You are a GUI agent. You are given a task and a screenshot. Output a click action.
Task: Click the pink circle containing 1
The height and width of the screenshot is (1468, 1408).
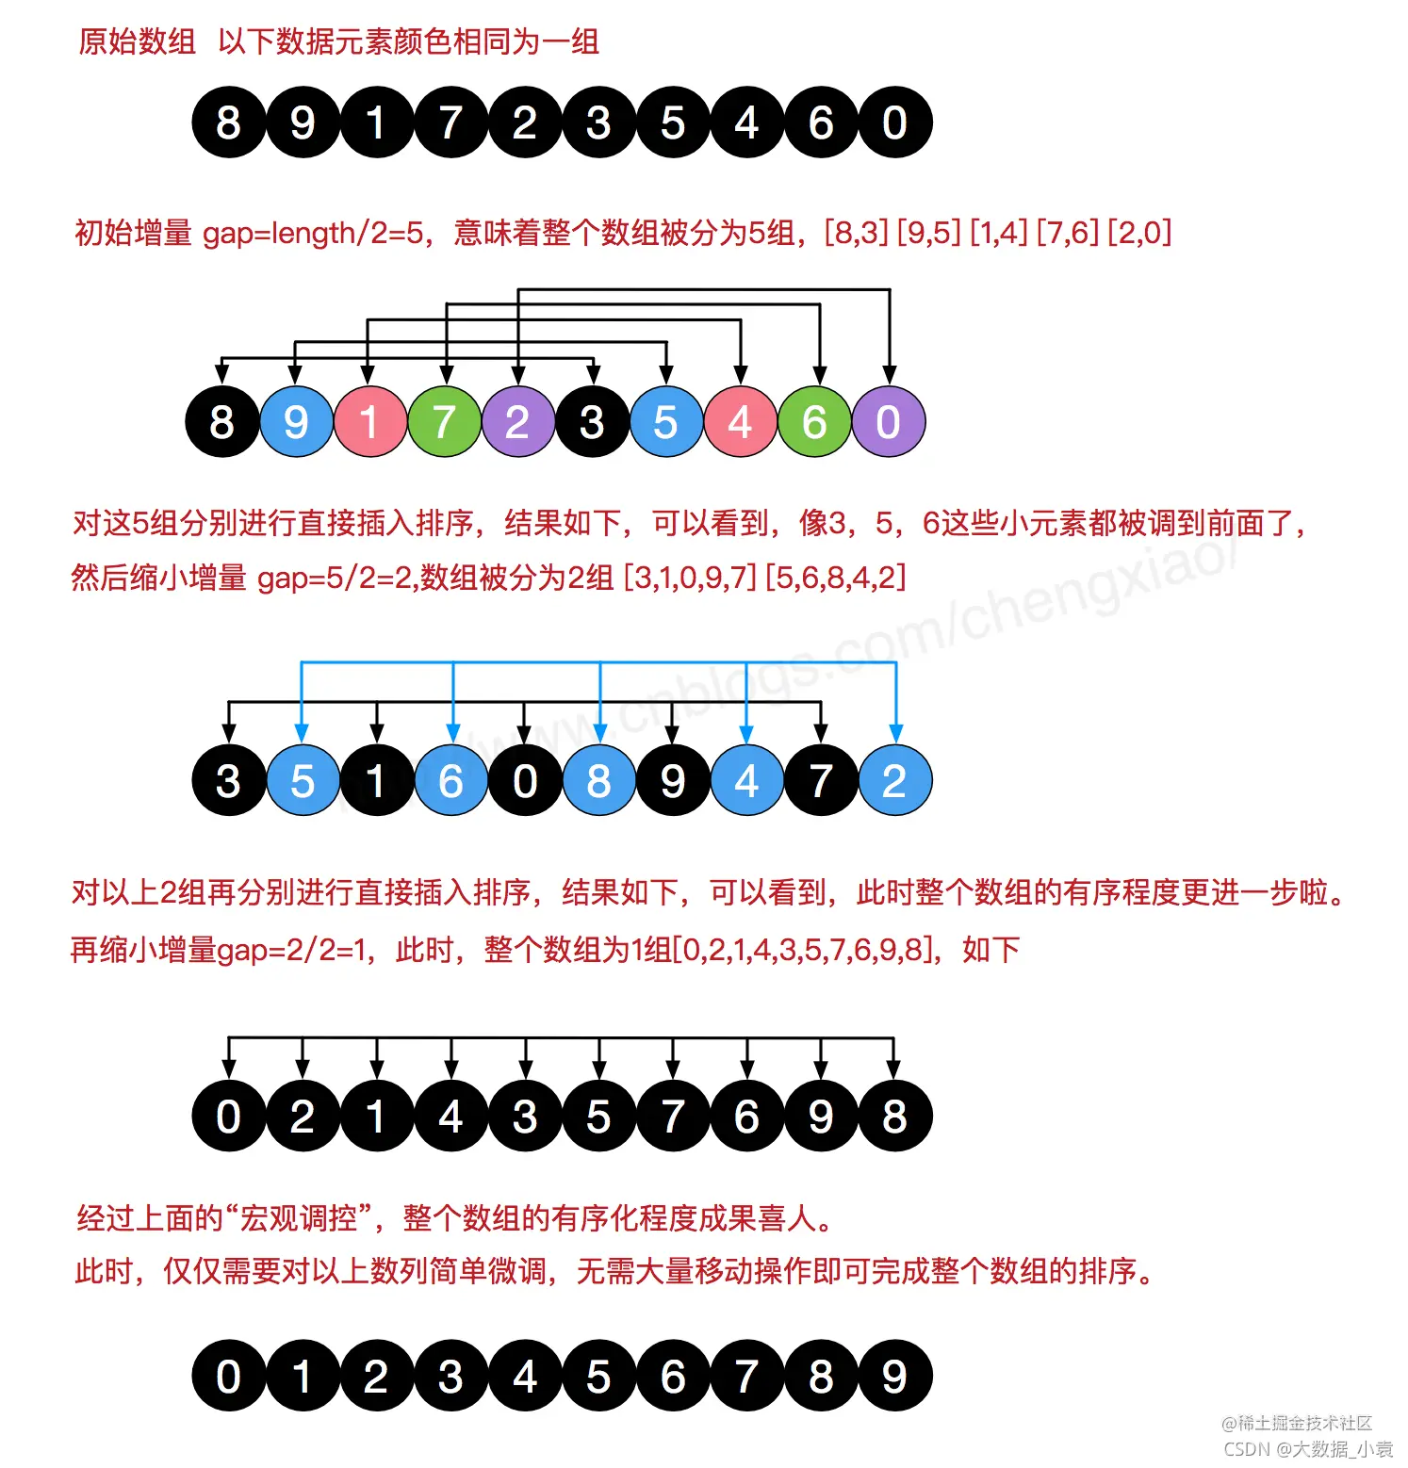tap(369, 422)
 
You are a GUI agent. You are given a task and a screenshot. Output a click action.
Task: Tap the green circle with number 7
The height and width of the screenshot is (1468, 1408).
tap(444, 422)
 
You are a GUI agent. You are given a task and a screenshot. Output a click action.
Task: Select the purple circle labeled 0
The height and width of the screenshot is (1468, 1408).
tap(888, 422)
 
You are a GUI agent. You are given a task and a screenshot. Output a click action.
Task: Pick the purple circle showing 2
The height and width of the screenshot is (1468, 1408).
tap(517, 422)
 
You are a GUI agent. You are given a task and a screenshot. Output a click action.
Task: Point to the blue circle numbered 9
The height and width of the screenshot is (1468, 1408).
tap(296, 422)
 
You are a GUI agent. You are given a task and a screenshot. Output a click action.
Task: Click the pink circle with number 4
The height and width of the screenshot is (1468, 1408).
tap(740, 422)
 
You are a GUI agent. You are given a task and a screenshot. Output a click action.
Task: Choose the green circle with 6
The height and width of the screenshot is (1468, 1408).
tap(814, 422)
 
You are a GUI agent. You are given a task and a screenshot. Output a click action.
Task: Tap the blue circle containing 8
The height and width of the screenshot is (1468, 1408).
tap(598, 781)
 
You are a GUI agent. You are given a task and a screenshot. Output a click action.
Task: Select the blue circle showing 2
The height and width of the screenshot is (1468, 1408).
tap(894, 781)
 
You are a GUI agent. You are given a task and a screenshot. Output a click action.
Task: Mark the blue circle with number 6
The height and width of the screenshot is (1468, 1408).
tap(450, 781)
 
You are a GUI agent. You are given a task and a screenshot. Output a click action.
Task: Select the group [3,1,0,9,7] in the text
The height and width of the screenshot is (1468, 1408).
tap(690, 577)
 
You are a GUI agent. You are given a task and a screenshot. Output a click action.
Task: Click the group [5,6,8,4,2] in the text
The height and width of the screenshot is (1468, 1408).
tap(835, 577)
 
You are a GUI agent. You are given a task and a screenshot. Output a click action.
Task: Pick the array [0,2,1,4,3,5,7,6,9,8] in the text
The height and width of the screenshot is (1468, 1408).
tap(807, 949)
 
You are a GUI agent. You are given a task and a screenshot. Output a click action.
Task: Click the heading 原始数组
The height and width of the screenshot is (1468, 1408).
tap(137, 41)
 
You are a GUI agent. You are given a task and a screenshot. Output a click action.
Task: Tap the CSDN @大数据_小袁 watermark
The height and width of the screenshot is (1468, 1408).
tap(1307, 1448)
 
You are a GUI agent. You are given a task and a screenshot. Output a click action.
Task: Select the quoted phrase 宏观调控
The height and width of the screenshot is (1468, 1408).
tap(299, 1218)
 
